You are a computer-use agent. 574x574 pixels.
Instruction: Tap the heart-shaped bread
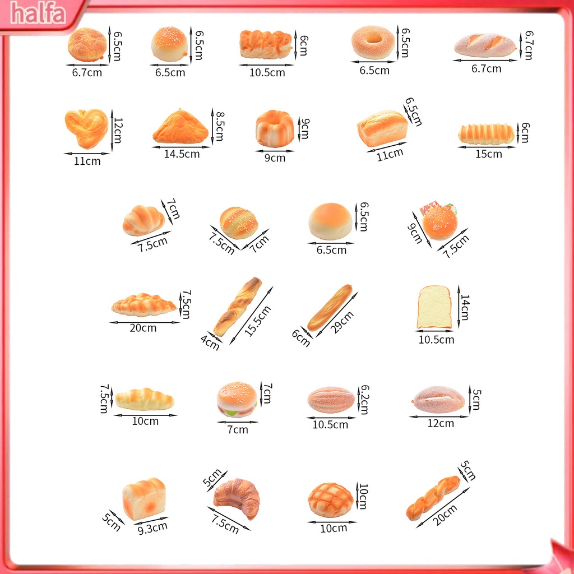tap(86, 128)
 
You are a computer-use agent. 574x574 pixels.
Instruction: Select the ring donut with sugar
tap(373, 43)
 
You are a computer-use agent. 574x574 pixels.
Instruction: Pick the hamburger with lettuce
tap(237, 400)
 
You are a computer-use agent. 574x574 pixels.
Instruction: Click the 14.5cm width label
tap(182, 154)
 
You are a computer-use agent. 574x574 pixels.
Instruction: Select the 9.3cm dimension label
tap(152, 527)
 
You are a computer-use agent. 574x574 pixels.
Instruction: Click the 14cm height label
tap(465, 307)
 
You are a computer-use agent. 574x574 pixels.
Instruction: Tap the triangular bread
tap(180, 128)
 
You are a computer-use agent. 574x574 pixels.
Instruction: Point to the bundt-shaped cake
tap(275, 129)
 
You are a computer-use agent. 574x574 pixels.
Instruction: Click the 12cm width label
tap(441, 423)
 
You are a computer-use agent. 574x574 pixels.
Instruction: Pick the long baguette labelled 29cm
tap(330, 308)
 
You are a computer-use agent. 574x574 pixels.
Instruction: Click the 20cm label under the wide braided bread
tap(143, 328)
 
